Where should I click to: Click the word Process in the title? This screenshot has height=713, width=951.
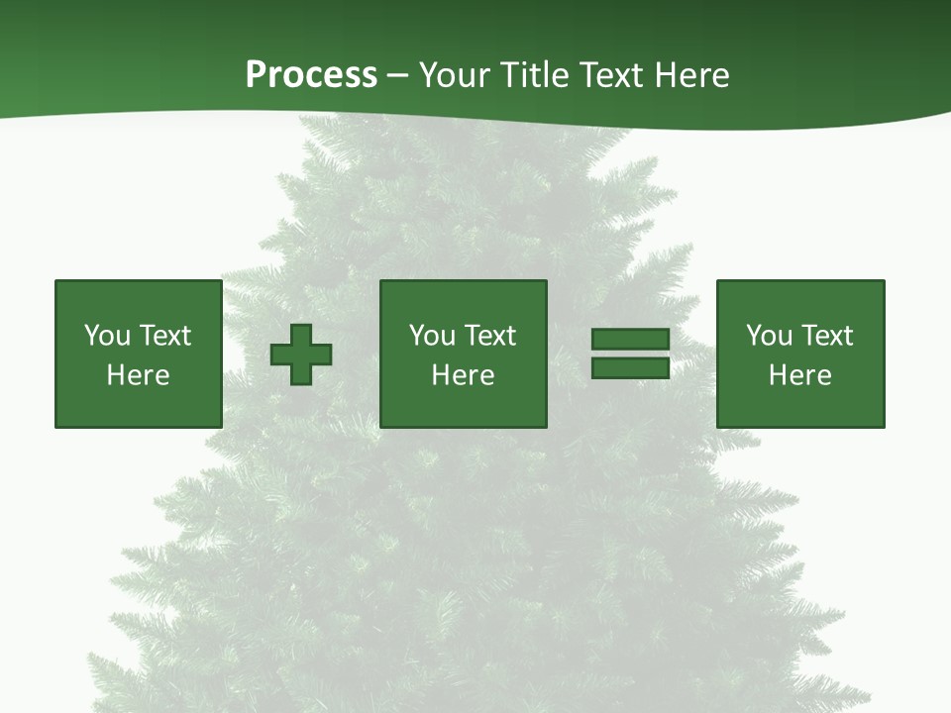click(311, 75)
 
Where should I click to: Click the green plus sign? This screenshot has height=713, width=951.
click(301, 355)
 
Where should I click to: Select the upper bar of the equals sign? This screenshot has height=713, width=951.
click(630, 340)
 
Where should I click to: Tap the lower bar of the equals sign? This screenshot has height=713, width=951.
click(630, 367)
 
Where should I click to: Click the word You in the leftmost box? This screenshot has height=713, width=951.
click(107, 336)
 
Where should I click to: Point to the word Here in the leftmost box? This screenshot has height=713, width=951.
click(138, 375)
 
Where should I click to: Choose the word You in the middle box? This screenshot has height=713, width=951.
click(432, 336)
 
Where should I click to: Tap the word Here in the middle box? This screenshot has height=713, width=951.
click(463, 375)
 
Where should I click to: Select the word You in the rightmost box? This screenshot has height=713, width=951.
click(769, 336)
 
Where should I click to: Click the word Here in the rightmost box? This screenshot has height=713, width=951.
click(799, 375)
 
